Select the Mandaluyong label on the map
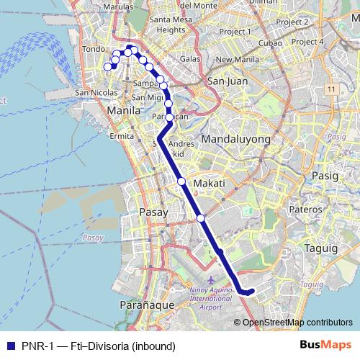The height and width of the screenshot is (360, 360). click(236, 138)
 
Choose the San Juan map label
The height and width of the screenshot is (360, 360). click(228, 81)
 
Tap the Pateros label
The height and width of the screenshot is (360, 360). click(305, 209)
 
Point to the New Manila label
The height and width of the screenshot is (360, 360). click(237, 60)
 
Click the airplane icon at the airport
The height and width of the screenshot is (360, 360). click(210, 279)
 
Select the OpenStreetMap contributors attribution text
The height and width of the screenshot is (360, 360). click(297, 322)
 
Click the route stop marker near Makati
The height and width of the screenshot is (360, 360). click(182, 181)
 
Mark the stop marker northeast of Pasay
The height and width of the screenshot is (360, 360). click(201, 217)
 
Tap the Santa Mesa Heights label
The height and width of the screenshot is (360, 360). click(171, 25)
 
